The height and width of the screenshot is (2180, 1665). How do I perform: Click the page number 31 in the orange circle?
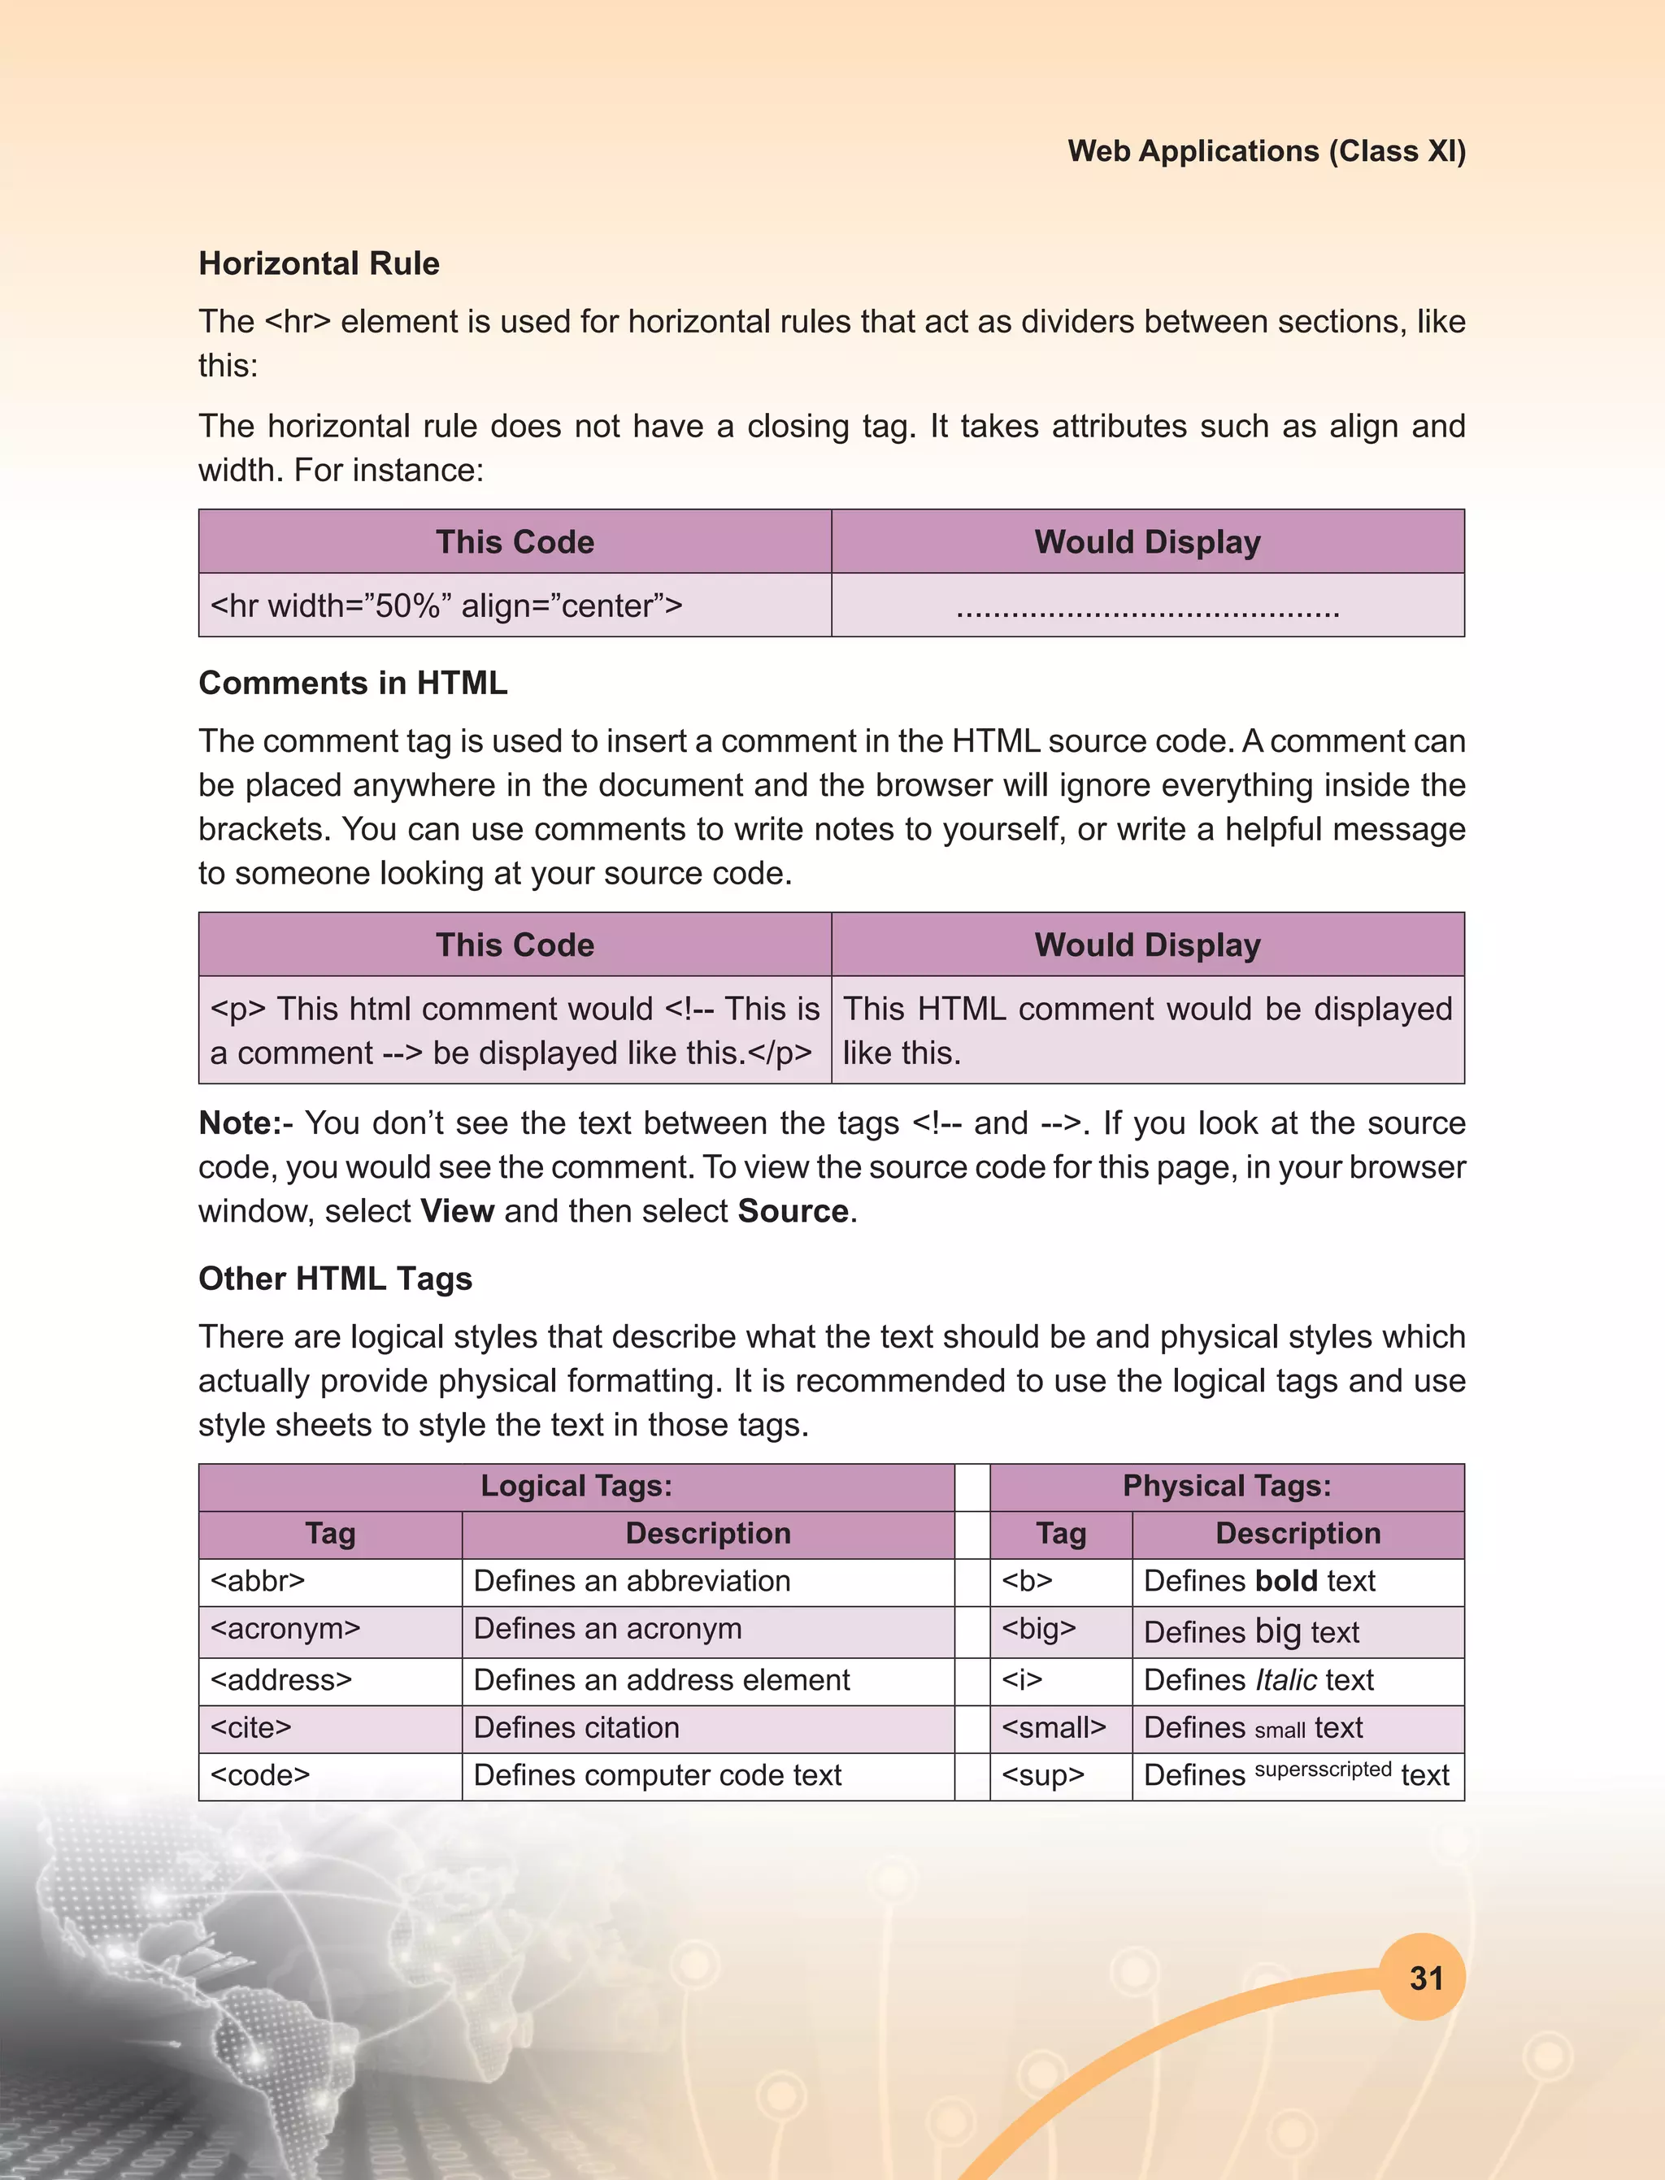click(x=1425, y=1978)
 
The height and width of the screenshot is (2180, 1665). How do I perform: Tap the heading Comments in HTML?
click(x=353, y=683)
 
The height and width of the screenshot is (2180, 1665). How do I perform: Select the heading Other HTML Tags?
click(x=335, y=1279)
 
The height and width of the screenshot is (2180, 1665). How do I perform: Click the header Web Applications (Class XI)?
click(x=1266, y=150)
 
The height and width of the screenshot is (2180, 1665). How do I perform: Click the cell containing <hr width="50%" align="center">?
click(x=446, y=606)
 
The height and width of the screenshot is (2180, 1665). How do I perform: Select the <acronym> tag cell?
click(x=285, y=1628)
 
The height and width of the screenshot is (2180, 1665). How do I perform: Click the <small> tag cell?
click(x=1053, y=1727)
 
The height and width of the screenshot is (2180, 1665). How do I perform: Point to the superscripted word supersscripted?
click(x=1322, y=1769)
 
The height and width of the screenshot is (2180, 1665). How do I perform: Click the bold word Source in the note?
click(x=792, y=1211)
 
